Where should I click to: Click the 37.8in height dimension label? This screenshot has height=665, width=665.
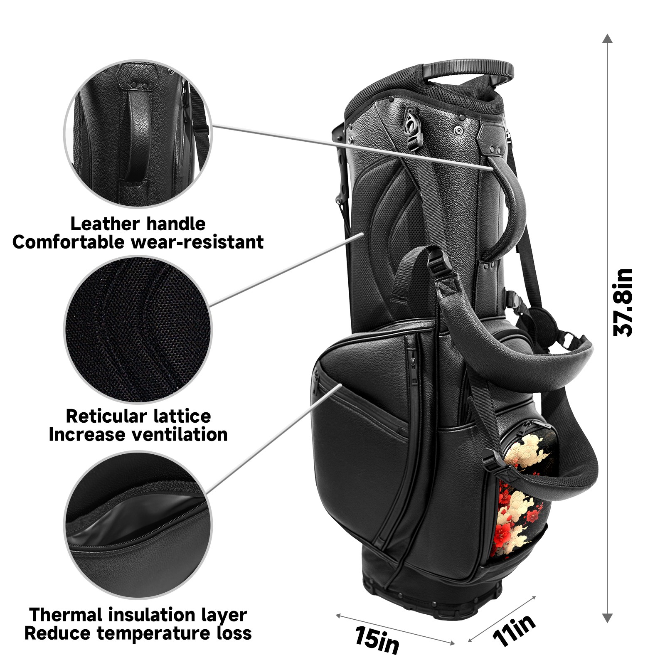pos(623,303)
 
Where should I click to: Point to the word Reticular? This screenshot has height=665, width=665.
pos(106,416)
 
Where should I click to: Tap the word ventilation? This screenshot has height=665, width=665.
pos(180,435)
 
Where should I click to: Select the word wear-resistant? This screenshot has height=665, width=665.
pos(197,242)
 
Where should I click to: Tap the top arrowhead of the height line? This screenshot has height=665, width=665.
pos(608,39)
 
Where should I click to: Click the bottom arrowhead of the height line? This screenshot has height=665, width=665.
pos(608,618)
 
